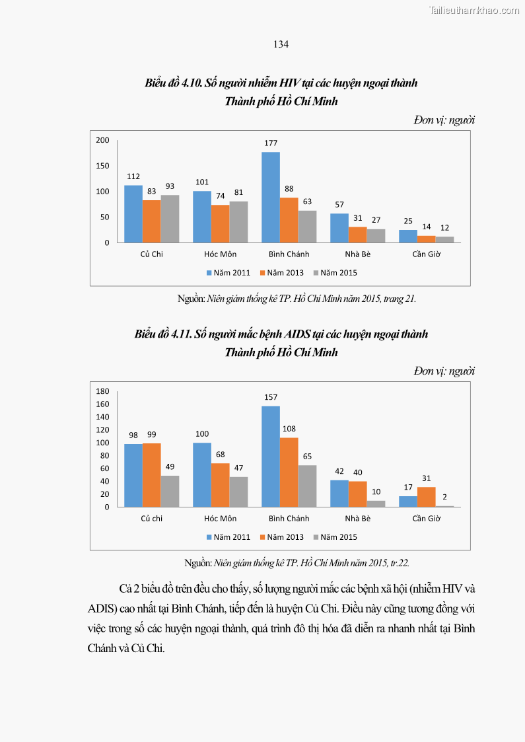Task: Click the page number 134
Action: tap(281, 44)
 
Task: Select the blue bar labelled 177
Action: tap(271, 197)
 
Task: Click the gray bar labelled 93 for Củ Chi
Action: tap(170, 219)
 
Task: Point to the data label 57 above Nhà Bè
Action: tap(339, 205)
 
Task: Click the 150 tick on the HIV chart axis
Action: tap(102, 166)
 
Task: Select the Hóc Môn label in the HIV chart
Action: tap(221, 254)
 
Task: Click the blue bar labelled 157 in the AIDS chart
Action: tap(271, 457)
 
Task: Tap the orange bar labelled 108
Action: tap(289, 472)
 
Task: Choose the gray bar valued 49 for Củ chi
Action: tap(170, 491)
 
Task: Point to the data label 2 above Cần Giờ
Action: tap(444, 498)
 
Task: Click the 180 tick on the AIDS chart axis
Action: tap(102, 391)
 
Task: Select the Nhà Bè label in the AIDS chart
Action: tap(358, 519)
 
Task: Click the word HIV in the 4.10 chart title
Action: tap(289, 83)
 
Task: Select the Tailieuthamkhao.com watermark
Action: tap(474, 10)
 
